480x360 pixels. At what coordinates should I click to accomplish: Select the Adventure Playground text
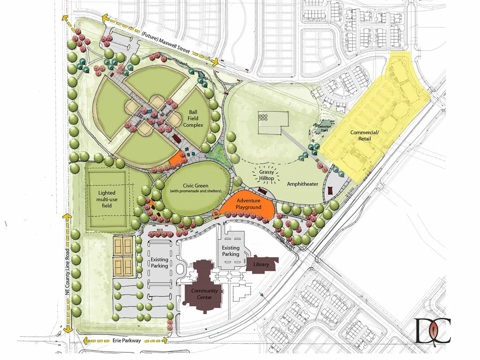coord(249,204)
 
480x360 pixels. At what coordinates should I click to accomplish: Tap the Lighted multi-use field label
coord(107,199)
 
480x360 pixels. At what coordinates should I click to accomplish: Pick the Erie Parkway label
coord(125,341)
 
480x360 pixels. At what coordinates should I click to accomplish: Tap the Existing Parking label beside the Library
coord(230,251)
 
